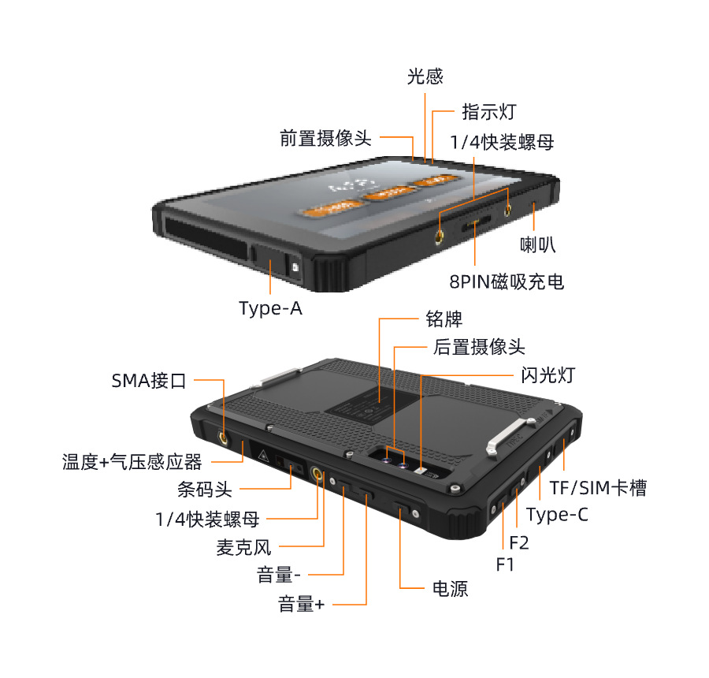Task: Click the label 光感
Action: point(425,76)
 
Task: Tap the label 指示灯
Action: point(488,111)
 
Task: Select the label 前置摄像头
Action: point(325,138)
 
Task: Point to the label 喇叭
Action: point(538,245)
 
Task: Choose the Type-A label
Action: point(270,308)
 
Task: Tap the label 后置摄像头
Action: point(479,347)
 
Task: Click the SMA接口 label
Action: point(149,382)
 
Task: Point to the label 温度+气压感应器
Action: point(132,462)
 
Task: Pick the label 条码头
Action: point(205,490)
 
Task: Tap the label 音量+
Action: point(301,605)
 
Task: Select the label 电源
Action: point(450,588)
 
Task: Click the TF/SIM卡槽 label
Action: point(598,488)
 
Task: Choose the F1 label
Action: point(505,564)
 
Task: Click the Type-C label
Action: point(557,516)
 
